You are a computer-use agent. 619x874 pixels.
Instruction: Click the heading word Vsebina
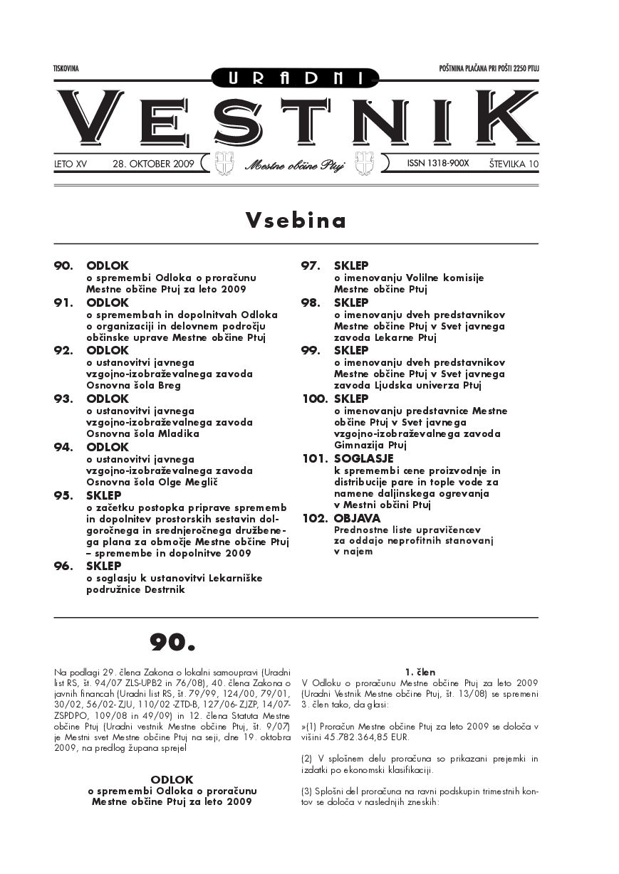[x=296, y=221]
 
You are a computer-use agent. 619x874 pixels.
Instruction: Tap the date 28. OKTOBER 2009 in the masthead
[x=153, y=164]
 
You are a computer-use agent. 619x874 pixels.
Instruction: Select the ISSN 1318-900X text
[x=438, y=164]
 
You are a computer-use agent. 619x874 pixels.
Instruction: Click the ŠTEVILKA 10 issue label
[x=514, y=164]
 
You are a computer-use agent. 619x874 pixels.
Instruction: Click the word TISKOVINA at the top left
[x=66, y=69]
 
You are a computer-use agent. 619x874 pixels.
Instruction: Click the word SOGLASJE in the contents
[x=363, y=459]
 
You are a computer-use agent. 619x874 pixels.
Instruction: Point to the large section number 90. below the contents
[x=172, y=643]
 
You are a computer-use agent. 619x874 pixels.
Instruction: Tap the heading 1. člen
[x=420, y=671]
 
